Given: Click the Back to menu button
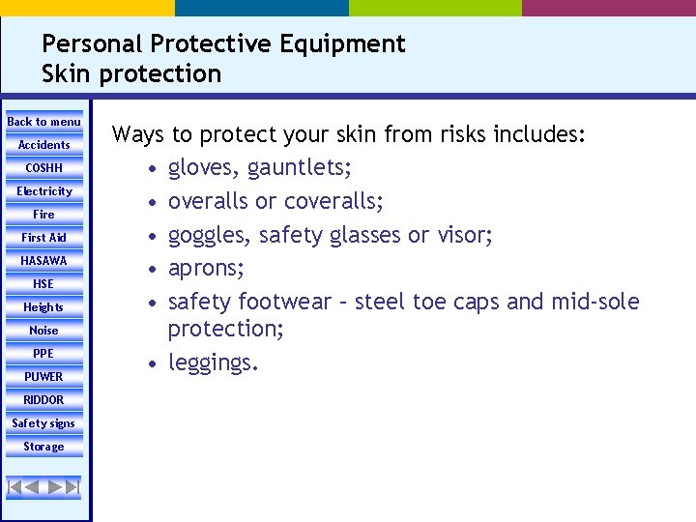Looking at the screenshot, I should pyautogui.click(x=43, y=122).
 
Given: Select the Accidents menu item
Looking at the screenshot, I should pyautogui.click(x=43, y=145).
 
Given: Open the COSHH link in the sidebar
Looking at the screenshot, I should pyautogui.click(x=43, y=168).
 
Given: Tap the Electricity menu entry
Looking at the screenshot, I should pyautogui.click(x=43, y=191).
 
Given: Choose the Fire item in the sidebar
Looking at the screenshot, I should pyautogui.click(x=43, y=215).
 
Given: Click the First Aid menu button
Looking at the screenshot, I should pyautogui.click(x=43, y=238).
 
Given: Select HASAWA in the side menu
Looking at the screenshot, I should pyautogui.click(x=43, y=261).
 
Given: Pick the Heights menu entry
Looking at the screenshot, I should pyautogui.click(x=43, y=307).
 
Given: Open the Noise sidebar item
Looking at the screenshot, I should pyautogui.click(x=43, y=331).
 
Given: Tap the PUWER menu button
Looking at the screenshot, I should pyautogui.click(x=43, y=377).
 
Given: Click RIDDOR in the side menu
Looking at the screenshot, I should pyautogui.click(x=43, y=400).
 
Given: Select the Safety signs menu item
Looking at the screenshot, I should pyautogui.click(x=43, y=423).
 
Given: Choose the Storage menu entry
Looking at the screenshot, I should pyautogui.click(x=43, y=447).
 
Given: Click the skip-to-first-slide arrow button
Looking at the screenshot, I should pyautogui.click(x=15, y=486).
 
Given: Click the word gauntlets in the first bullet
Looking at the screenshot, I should pyautogui.click(x=299, y=169).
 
